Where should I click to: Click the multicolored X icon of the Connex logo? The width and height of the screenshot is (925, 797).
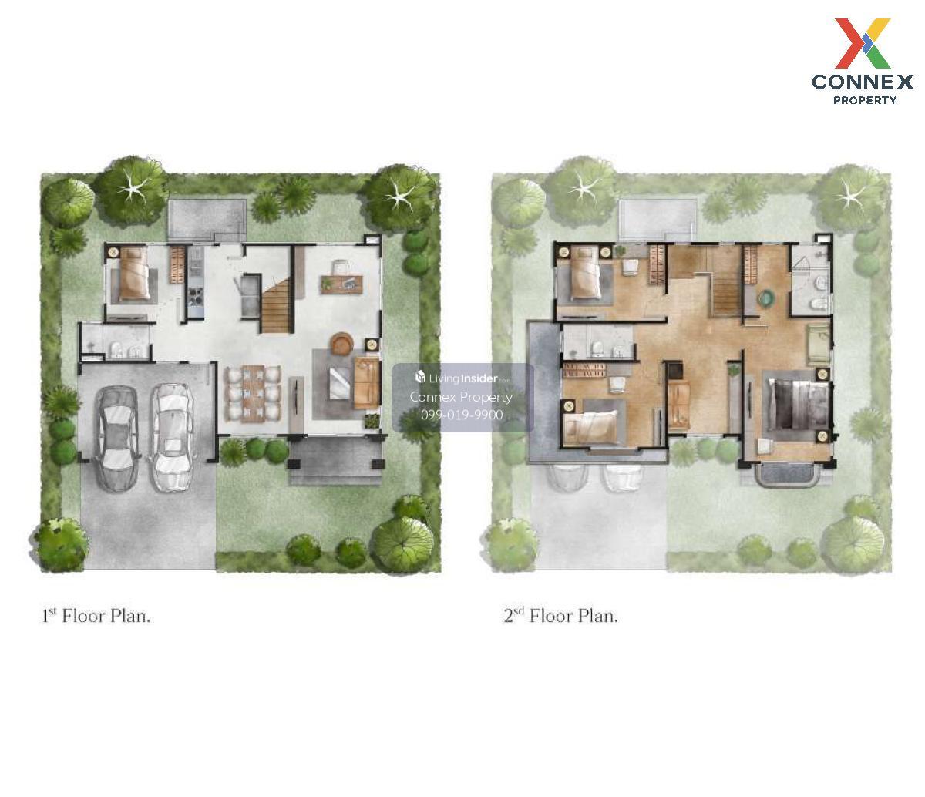(862, 43)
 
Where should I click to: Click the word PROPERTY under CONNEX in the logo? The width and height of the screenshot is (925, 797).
(865, 100)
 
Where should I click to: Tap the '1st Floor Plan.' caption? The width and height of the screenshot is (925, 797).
(96, 616)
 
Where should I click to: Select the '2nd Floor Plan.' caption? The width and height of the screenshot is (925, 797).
(560, 616)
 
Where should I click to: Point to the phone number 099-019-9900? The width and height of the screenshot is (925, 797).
(462, 415)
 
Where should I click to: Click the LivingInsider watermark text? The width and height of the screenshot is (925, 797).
(462, 378)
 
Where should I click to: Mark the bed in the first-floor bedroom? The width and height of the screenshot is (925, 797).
(133, 274)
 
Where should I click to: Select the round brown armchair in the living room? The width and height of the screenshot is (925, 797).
(342, 344)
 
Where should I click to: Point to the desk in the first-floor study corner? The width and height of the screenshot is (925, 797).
(341, 284)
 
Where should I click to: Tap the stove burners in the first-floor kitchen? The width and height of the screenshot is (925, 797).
(195, 296)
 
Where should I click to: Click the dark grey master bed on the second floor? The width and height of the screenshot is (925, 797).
(798, 404)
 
